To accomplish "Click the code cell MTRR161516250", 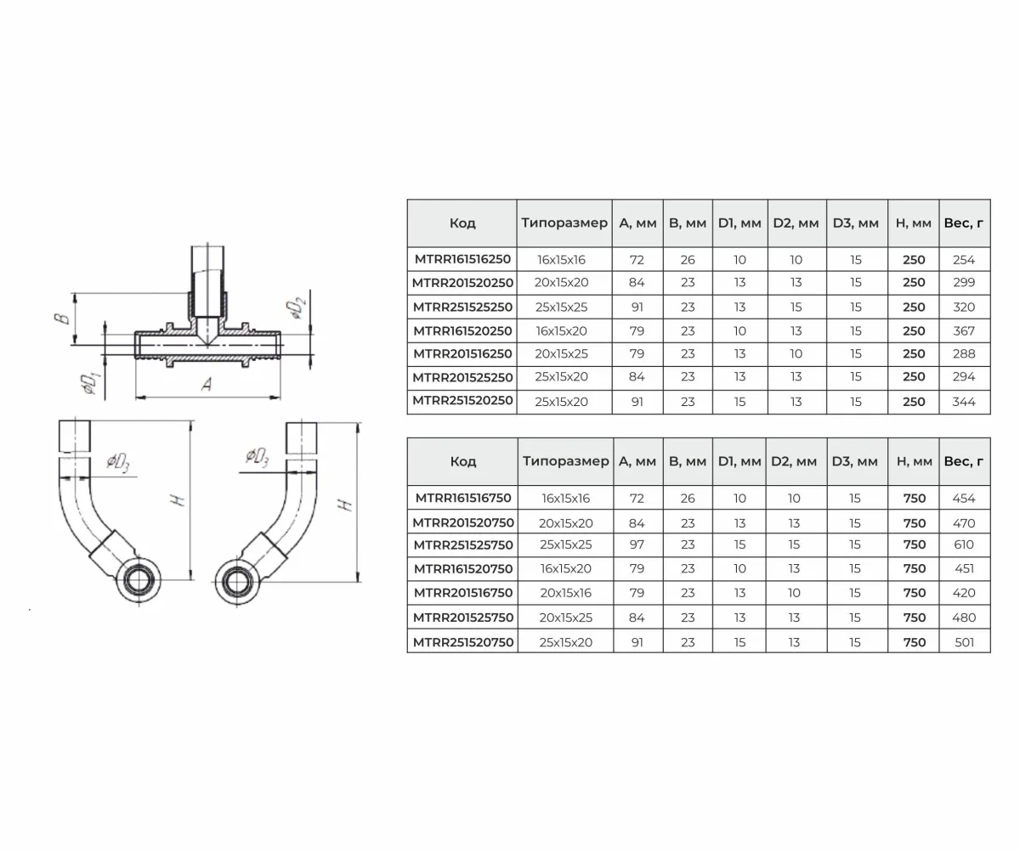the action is pos(462,259).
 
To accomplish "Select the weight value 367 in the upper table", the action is pos(964,331).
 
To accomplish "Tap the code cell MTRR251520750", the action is pos(463,642).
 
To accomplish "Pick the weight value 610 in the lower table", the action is pos(964,544).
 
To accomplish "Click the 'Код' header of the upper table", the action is pos(462,223).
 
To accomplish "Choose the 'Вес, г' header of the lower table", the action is pos(964,461).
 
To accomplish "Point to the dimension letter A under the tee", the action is pos(207,384).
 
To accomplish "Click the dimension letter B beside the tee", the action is pos(62,319).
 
